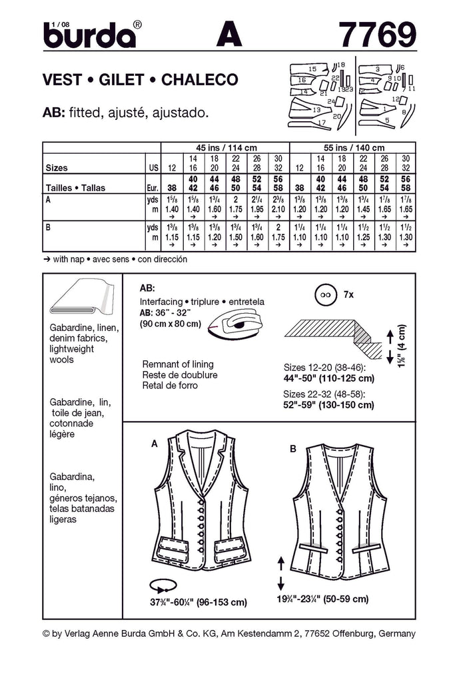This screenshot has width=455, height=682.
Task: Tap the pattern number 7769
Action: [377, 34]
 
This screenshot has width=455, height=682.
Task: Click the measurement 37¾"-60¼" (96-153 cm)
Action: [199, 602]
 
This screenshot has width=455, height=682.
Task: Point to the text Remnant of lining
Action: [178, 364]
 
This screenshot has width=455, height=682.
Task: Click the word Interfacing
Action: [161, 302]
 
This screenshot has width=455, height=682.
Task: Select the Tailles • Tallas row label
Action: [74, 187]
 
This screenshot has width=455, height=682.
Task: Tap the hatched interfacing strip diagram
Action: [330, 331]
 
